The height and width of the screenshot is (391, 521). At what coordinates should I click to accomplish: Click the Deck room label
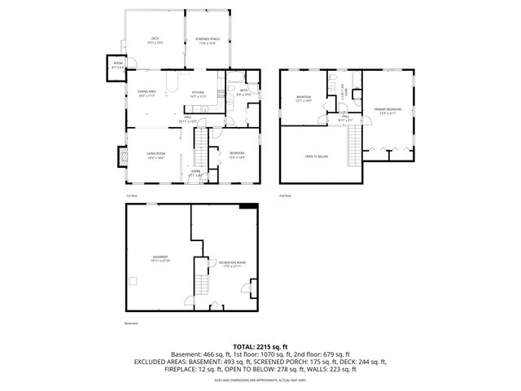click(154, 40)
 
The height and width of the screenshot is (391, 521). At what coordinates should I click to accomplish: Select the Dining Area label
click(146, 94)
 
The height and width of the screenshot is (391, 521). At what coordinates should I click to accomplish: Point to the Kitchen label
click(198, 94)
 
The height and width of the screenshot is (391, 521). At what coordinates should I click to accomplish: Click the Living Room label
click(156, 156)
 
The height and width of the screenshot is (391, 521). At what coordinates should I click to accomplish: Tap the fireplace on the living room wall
click(123, 155)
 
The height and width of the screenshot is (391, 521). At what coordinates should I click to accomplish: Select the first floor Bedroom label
click(238, 155)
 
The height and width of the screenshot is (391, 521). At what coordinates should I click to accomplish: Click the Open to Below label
click(317, 156)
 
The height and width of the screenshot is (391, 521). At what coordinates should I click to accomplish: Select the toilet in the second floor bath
click(333, 79)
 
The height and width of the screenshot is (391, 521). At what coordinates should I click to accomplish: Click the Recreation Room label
click(232, 264)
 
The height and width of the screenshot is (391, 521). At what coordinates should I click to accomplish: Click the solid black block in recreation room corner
click(247, 207)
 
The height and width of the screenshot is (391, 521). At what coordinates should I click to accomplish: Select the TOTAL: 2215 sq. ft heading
click(260, 347)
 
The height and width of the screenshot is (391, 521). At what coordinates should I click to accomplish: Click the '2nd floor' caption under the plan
click(286, 195)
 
